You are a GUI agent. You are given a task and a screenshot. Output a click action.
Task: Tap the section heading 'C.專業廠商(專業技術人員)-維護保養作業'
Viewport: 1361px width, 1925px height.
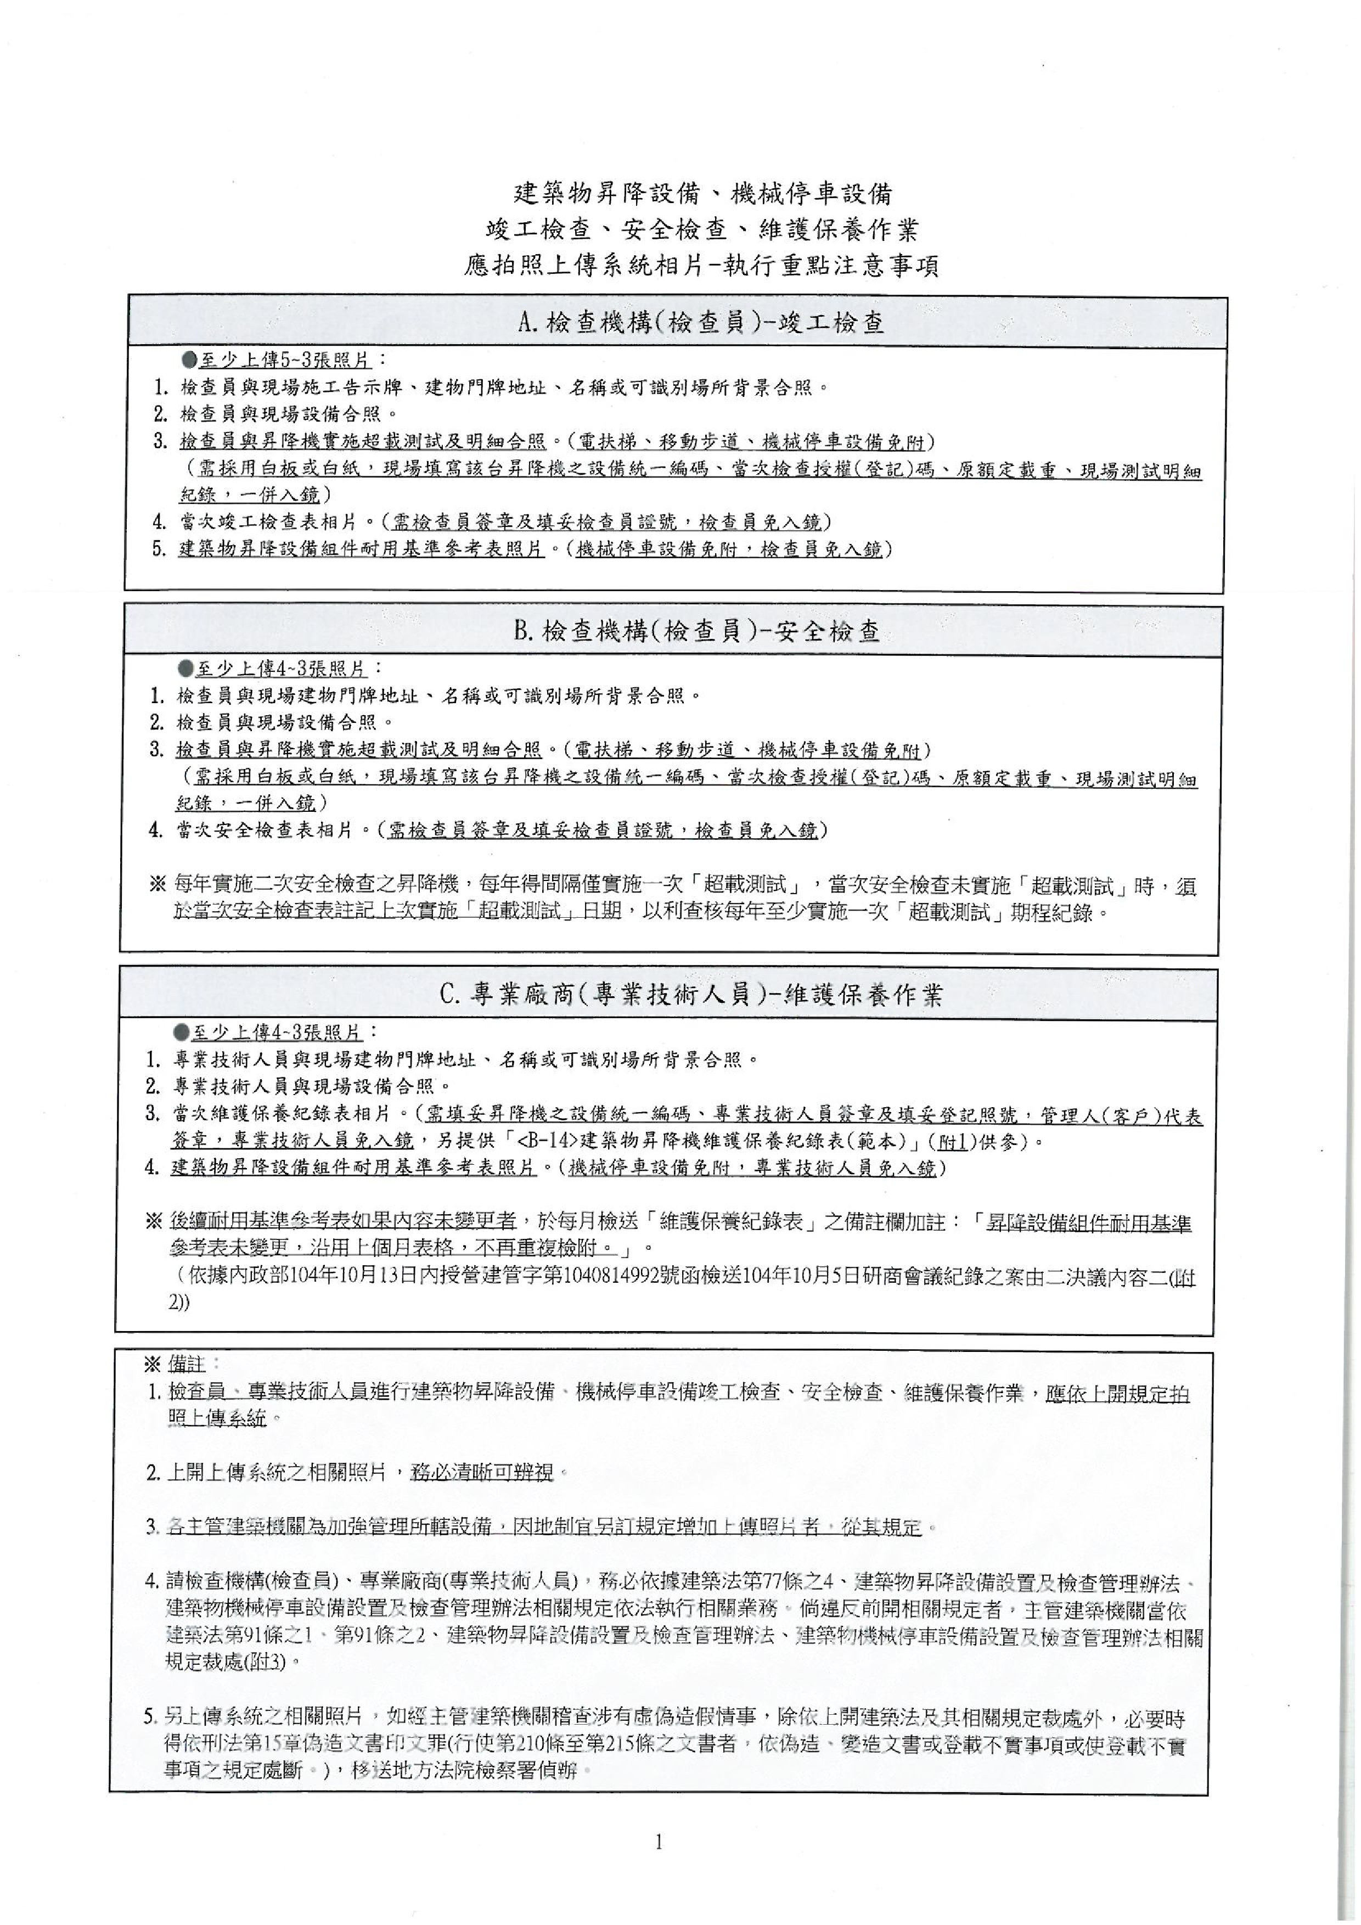pyautogui.click(x=692, y=995)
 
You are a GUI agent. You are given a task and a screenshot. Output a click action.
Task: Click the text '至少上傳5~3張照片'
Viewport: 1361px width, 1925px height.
pyautogui.click(x=285, y=361)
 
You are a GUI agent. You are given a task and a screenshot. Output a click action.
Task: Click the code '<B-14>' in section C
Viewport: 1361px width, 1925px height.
pyautogui.click(x=548, y=1141)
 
